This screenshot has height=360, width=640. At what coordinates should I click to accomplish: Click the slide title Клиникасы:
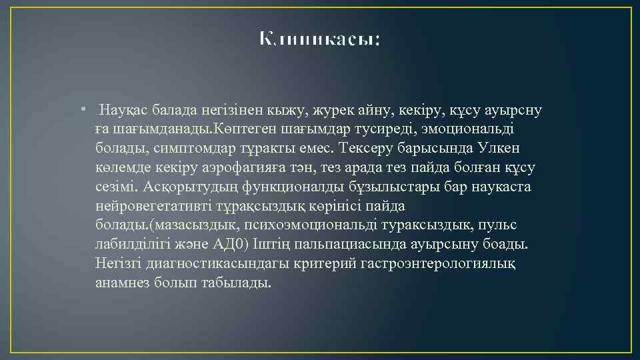click(x=320, y=39)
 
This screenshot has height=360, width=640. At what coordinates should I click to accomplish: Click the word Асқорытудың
click(x=196, y=187)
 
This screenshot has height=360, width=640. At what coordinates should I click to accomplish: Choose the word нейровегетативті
click(x=156, y=206)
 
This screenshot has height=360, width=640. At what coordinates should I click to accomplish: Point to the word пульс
click(x=498, y=225)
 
